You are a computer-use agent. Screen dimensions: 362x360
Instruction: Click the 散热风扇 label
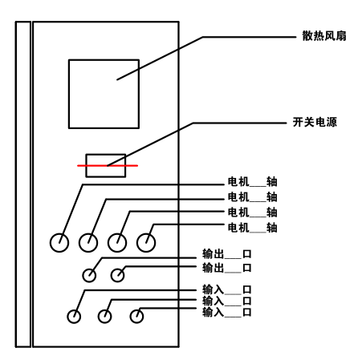(x=324, y=36)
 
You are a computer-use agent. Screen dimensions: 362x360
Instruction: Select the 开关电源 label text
(x=315, y=122)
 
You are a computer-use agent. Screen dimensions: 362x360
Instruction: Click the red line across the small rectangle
(x=108, y=166)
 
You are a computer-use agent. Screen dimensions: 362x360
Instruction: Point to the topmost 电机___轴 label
(x=252, y=182)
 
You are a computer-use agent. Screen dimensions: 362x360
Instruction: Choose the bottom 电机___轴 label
(x=252, y=228)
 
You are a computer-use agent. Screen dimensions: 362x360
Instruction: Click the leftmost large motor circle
(x=51, y=243)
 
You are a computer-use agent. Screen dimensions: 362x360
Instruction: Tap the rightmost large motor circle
(x=137, y=243)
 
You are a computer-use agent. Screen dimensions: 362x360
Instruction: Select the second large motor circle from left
(x=79, y=243)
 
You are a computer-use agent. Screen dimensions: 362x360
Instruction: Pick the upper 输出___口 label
(x=226, y=254)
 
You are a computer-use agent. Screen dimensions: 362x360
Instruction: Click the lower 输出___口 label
(x=226, y=268)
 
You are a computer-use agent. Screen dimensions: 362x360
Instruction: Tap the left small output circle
(x=83, y=275)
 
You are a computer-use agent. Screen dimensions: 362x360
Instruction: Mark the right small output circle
(x=111, y=275)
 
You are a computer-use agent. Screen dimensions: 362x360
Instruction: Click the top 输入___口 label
(x=226, y=289)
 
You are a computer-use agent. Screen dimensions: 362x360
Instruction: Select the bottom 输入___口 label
(x=226, y=312)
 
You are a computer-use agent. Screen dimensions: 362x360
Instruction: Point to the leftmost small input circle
(x=67, y=317)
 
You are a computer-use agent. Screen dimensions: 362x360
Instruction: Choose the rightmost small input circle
(x=130, y=317)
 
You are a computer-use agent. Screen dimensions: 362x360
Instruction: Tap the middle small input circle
(x=98, y=317)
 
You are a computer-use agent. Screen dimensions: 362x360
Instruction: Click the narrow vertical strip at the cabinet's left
(x=16, y=184)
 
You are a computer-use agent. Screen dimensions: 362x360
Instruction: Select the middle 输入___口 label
(x=226, y=301)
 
